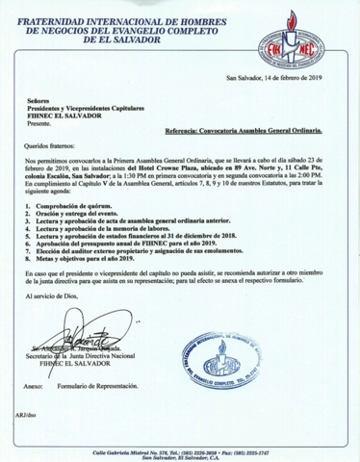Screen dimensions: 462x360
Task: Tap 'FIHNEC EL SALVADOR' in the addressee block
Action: tap(67, 116)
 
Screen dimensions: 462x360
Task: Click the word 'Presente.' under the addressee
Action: tap(41, 124)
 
